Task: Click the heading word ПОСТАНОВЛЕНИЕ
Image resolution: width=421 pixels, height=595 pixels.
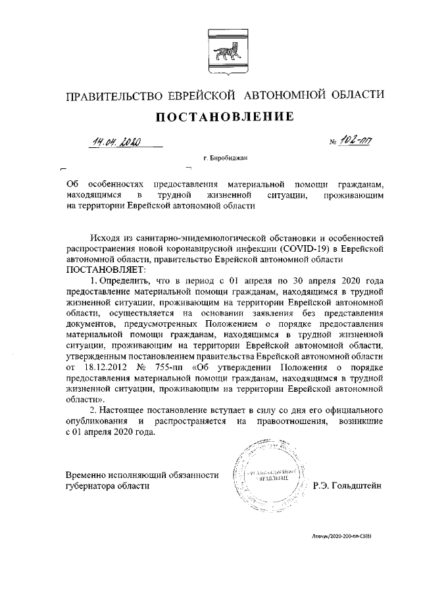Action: pyautogui.click(x=224, y=118)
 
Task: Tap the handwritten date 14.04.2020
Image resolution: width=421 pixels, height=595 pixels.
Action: pyautogui.click(x=116, y=140)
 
